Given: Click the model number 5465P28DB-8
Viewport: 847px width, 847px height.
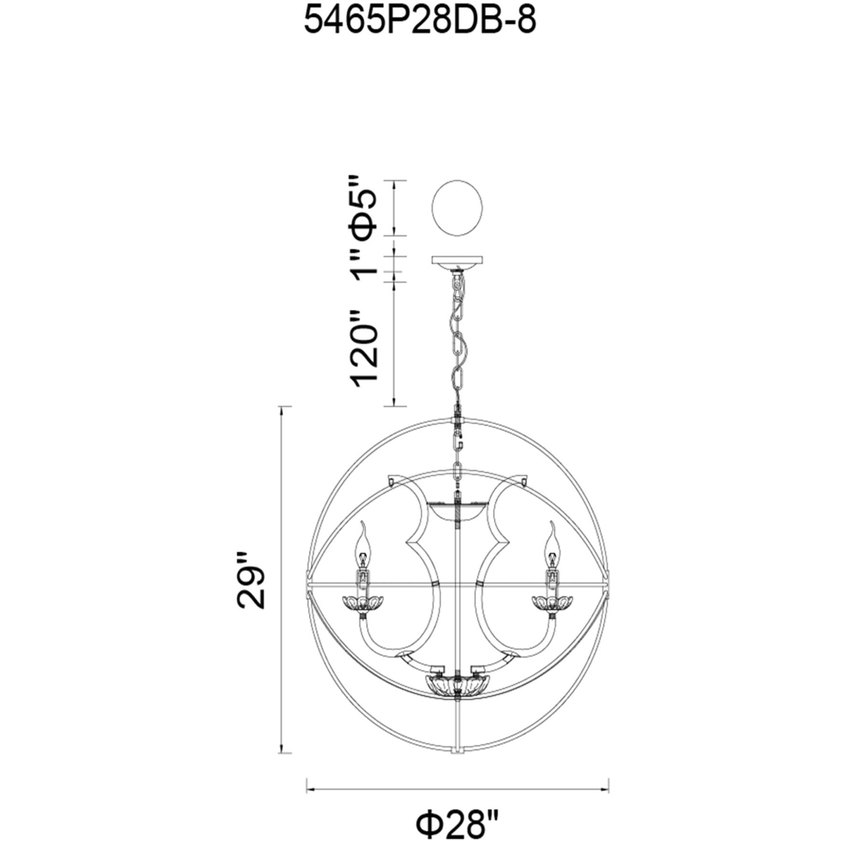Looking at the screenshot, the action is (x=420, y=21).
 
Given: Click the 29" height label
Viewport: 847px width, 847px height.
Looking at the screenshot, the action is (x=250, y=581).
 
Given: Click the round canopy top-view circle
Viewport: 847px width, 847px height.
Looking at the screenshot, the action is (x=457, y=208).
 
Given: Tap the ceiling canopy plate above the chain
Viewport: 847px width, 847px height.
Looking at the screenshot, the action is (x=457, y=262).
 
